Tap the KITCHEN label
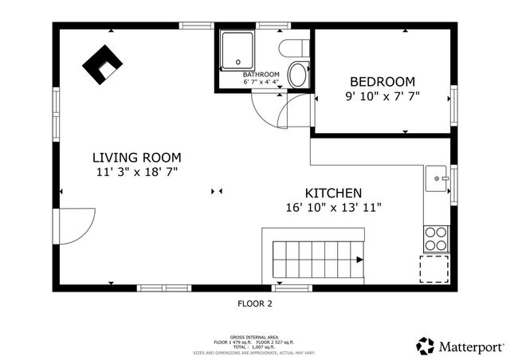[334, 193]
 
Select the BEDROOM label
[382, 81]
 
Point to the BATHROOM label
[261, 74]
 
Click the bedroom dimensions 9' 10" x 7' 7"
[382, 96]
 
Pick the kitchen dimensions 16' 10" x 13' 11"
[334, 207]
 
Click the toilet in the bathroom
[299, 74]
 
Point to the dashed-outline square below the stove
[434, 269]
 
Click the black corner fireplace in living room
[101, 65]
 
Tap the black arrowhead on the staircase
[360, 260]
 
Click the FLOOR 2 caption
[255, 303]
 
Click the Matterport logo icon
[426, 346]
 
